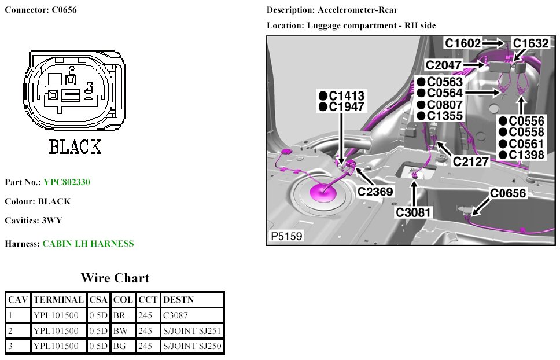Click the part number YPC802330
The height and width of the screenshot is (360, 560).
[x=67, y=182]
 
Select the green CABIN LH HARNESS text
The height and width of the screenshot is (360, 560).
[x=88, y=244]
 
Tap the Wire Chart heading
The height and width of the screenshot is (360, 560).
[x=115, y=278]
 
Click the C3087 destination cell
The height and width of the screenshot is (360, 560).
[x=176, y=315]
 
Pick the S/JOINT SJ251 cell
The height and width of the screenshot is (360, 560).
[x=192, y=331]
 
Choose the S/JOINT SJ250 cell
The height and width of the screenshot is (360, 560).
[x=192, y=347]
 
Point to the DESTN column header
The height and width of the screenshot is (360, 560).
[x=178, y=300]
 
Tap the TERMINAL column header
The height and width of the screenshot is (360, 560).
[x=58, y=300]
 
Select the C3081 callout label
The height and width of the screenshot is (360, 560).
[x=414, y=212]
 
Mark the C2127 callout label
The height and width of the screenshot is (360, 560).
[x=471, y=162]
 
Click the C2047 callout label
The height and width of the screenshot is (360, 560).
[x=444, y=65]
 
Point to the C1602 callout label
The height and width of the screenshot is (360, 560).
[x=463, y=43]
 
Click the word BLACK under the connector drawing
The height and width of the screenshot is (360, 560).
[x=75, y=147]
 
